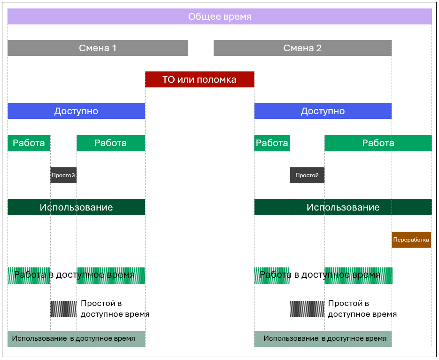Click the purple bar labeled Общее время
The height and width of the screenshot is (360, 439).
(x=220, y=16)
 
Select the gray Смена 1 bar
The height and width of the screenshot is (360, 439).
(x=98, y=48)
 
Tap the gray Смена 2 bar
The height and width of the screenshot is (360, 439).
(x=302, y=48)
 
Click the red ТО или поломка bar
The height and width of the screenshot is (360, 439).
(x=200, y=79)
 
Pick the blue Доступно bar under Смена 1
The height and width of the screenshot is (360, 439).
(x=76, y=111)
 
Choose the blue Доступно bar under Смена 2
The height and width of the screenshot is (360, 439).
(x=323, y=111)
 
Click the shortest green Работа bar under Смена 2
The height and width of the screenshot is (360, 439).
(x=272, y=143)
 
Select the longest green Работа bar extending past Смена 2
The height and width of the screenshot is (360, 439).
(x=378, y=143)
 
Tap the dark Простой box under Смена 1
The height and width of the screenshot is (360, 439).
(x=63, y=175)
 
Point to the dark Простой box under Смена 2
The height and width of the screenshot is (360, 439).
(x=307, y=175)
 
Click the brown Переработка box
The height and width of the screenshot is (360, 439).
(x=411, y=240)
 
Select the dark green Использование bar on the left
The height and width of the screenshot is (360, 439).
(x=76, y=207)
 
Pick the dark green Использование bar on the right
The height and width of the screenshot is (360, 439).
(x=343, y=207)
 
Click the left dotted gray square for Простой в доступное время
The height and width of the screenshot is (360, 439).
(x=63, y=309)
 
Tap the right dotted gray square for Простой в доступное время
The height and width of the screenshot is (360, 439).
(x=307, y=309)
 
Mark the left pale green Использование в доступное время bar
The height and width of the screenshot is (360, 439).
(x=76, y=339)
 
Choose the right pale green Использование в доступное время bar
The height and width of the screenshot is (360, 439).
(x=323, y=339)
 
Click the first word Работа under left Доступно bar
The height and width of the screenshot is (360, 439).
(x=29, y=143)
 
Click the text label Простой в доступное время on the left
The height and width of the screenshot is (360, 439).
(x=115, y=309)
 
